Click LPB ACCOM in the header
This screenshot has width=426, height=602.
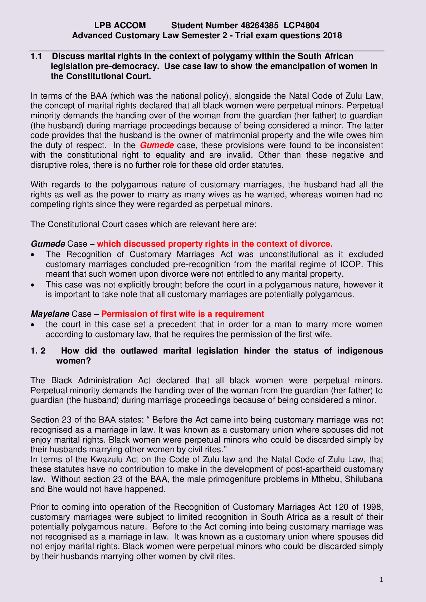pyautogui.click(x=120, y=25)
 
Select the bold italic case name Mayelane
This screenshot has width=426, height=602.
pyautogui.click(x=50, y=314)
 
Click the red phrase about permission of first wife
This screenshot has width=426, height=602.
pyautogui.click(x=182, y=314)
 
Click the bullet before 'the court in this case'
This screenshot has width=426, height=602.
pyautogui.click(x=33, y=325)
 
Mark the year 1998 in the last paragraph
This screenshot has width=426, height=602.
pyautogui.click(x=373, y=507)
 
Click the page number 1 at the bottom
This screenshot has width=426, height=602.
pyautogui.click(x=381, y=580)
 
